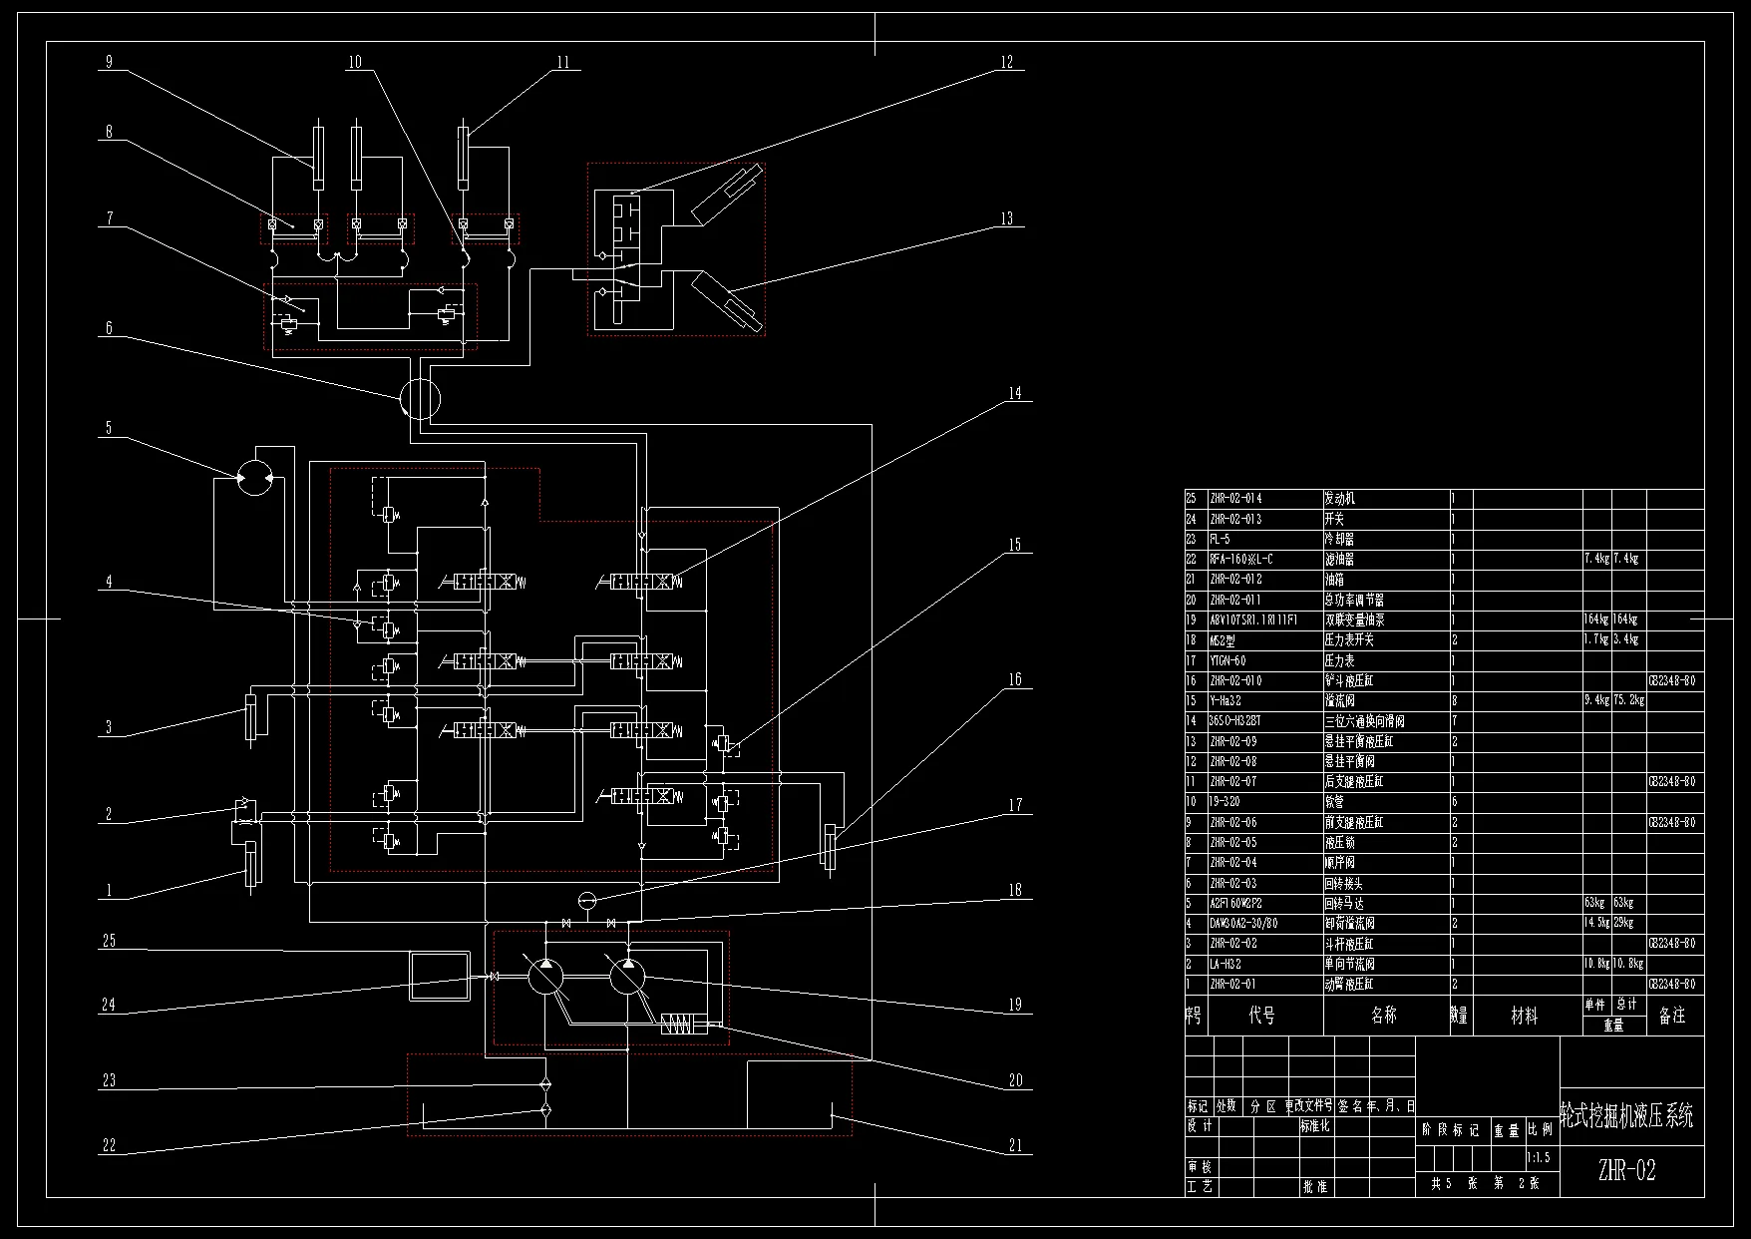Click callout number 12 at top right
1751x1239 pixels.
pos(1006,63)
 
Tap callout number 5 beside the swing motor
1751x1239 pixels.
pos(109,429)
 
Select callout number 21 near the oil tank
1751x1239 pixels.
pos(1015,1146)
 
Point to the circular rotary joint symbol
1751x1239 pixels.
pos(419,399)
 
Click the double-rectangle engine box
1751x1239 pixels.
pos(440,976)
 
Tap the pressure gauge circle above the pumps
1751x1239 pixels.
pos(587,900)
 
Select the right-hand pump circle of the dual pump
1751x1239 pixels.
pos(628,976)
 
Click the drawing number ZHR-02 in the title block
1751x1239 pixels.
pos(1626,1171)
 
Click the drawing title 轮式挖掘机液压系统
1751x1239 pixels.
pos(1626,1116)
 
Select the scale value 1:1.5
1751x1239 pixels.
pos(1538,1159)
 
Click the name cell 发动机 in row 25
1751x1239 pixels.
pos(1339,499)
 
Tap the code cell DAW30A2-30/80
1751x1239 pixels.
pos(1243,924)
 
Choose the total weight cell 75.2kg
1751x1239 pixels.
pos(1627,701)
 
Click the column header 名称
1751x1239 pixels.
pos(1384,1017)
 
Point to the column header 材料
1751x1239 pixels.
pos(1524,1017)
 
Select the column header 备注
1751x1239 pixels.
pos(1672,1017)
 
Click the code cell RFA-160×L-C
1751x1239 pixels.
pos(1241,560)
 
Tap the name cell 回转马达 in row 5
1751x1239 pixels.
pos(1345,904)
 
